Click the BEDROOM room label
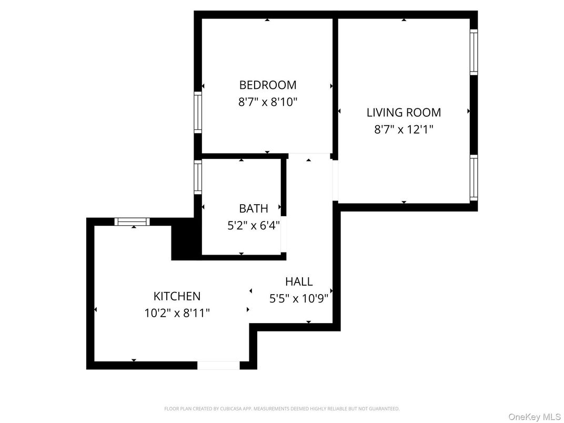coord(268,85)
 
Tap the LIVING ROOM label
coord(404,112)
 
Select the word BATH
coord(254,208)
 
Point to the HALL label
coord(299,281)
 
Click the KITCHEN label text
coord(177,296)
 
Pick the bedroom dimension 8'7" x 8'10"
coord(268,102)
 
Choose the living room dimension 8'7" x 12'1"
coord(404,129)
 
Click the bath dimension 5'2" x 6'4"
coord(254,225)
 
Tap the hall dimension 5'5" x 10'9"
coord(299,299)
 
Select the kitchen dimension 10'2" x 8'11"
coord(177,313)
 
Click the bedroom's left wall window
coord(198,112)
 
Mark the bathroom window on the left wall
coord(198,177)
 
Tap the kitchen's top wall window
coord(133,221)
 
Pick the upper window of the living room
coord(474,52)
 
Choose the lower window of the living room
coord(474,178)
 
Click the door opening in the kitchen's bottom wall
coord(218,365)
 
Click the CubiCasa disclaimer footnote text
coord(281,408)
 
